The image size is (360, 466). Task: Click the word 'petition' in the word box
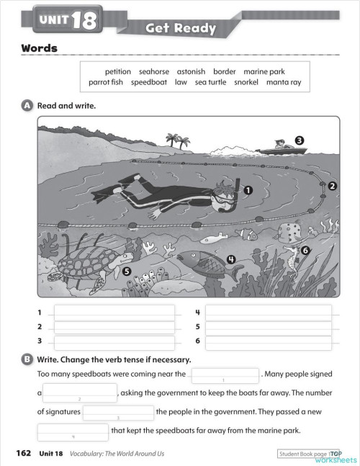tap(118, 72)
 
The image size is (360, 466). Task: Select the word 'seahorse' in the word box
tap(154, 72)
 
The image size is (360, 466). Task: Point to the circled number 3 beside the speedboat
tap(299, 140)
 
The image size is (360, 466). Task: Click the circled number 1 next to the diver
tap(248, 189)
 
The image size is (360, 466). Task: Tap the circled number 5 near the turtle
tap(127, 272)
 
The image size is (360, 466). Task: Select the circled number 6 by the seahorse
tap(305, 250)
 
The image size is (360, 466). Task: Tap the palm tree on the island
tap(174, 138)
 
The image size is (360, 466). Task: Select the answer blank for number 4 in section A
tap(268, 313)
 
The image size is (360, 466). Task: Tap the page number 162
tap(23, 453)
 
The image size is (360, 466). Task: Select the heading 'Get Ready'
tap(181, 29)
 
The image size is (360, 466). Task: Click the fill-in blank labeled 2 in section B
tap(79, 393)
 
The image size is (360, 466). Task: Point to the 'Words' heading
tap(39, 49)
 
